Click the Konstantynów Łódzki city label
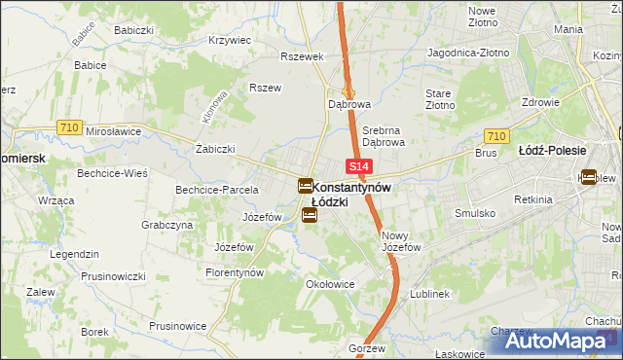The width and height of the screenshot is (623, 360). [350, 187]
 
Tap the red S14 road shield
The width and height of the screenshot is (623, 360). [358, 167]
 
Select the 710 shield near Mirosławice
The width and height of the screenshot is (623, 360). [68, 126]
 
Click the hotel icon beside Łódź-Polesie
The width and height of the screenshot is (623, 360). [589, 177]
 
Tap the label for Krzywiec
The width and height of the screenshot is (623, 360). [230, 41]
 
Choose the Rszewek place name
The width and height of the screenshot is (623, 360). [301, 56]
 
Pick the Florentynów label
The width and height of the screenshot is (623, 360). [235, 273]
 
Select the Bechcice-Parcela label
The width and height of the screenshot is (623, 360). [216, 189]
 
